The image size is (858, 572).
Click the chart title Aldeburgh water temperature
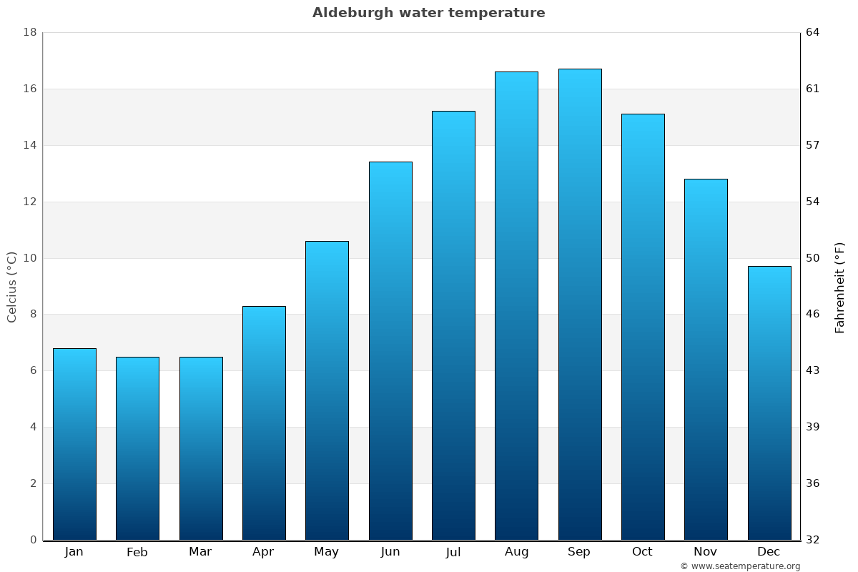point(428,13)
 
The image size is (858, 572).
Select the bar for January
point(74,444)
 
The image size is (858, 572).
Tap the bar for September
point(580,305)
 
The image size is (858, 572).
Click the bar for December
point(769,403)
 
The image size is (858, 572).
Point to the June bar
point(390,351)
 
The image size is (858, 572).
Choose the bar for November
point(706,360)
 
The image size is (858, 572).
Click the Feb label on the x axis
point(137,552)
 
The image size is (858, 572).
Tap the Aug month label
point(516,552)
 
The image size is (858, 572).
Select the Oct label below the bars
point(642,552)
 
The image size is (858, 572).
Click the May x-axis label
point(327,552)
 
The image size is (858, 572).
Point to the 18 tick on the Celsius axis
point(30,33)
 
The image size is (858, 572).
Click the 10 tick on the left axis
point(30,258)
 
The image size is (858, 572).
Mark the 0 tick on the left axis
point(33,540)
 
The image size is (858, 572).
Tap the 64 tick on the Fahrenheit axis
point(814,33)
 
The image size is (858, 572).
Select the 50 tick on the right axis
point(814,258)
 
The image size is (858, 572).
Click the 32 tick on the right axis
point(814,540)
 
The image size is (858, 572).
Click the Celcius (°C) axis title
point(11,287)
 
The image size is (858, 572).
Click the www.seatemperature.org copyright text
point(740,566)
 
